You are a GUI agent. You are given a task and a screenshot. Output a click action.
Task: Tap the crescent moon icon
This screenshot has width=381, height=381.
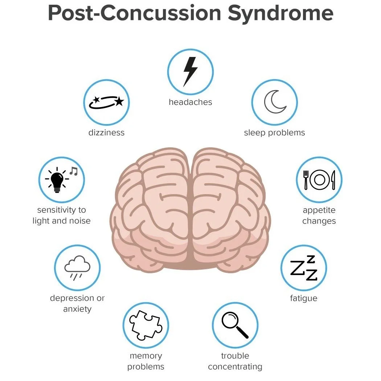[275, 102]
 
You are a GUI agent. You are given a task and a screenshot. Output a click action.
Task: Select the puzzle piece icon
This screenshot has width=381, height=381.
[145, 325]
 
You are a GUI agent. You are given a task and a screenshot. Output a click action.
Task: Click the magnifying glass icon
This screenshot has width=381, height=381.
[235, 325]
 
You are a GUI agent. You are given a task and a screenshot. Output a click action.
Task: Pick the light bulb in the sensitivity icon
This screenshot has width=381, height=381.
[57, 180]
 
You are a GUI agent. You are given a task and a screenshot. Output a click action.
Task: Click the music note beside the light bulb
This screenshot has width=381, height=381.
[74, 171]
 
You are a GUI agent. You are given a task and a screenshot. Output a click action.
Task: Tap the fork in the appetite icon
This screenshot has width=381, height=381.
[306, 180]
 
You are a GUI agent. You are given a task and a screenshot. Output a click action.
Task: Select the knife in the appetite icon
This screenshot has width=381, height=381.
[333, 180]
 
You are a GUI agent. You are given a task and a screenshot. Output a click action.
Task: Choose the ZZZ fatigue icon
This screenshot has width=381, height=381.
[304, 269]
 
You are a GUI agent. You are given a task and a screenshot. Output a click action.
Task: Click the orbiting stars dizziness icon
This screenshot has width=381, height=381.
[107, 102]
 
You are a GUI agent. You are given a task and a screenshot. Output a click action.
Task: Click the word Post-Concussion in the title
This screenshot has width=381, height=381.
[134, 13]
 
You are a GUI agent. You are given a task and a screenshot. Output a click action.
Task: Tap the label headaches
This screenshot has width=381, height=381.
[190, 102]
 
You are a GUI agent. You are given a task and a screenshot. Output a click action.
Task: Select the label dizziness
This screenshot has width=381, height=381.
[106, 133]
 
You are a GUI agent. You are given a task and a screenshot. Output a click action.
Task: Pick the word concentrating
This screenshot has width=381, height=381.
[235, 367]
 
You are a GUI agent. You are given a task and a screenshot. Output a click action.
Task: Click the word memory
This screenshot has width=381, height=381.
[146, 356]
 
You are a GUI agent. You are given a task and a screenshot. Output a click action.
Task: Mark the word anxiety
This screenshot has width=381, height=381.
[77, 309]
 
